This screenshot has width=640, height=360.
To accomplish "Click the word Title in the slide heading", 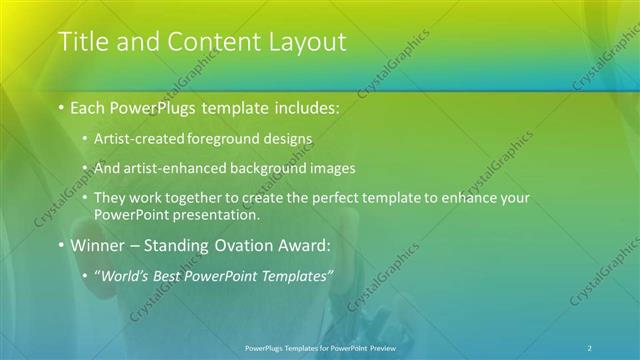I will coord(83,42).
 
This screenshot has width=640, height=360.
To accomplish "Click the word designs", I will coord(284,139).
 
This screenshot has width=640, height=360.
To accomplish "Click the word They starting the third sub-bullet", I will coord(110,198).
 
